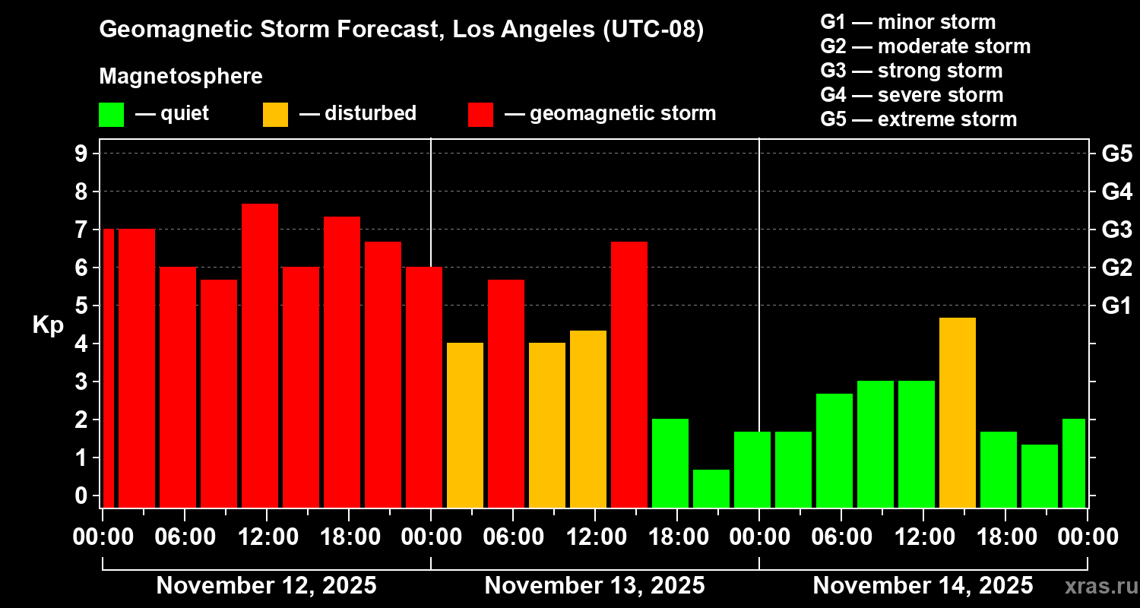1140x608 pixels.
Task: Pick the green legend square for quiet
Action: tap(112, 115)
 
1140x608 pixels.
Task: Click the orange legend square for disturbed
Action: tap(276, 115)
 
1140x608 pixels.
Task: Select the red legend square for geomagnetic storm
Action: tap(481, 115)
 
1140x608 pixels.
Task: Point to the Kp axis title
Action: tap(48, 325)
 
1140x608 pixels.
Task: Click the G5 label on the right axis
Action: tap(1116, 154)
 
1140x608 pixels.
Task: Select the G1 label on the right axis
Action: tap(1116, 306)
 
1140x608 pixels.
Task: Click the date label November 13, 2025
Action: tap(594, 586)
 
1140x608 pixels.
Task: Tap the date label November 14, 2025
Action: tap(923, 586)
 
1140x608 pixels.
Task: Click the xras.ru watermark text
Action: tap(1100, 586)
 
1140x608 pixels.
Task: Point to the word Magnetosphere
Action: tap(181, 77)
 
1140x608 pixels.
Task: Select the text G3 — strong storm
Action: tap(911, 71)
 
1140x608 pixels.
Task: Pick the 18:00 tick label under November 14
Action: tap(1005, 537)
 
